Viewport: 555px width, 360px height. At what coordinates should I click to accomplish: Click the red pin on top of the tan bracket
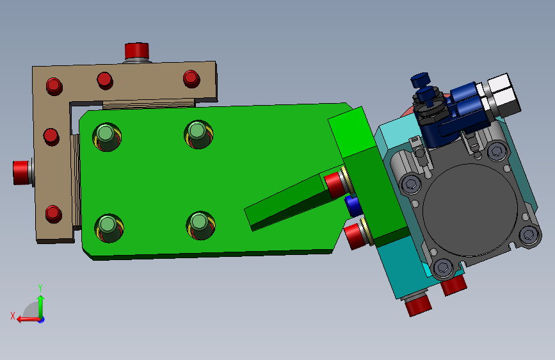coord(136,51)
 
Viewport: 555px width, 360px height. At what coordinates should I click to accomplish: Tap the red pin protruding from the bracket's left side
coord(21,172)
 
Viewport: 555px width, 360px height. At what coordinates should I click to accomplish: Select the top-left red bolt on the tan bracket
coord(54,86)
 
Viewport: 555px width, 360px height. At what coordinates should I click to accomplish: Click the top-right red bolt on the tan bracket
coord(191,78)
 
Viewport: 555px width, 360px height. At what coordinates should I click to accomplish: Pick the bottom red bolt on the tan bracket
coord(53,214)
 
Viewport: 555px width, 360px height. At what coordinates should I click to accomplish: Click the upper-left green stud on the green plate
coord(106,136)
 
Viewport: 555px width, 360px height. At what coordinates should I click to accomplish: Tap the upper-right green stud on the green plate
coord(198,134)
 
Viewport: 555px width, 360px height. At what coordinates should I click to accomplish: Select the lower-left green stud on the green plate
coord(108,228)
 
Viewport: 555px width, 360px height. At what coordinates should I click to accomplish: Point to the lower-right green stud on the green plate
coord(200,225)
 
